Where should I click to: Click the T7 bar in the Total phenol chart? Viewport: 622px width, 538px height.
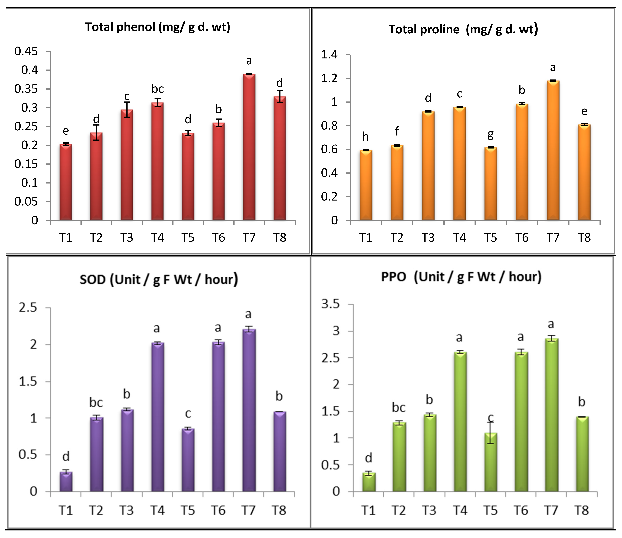[x=249, y=147]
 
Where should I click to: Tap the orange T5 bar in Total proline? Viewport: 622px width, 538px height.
[x=490, y=184]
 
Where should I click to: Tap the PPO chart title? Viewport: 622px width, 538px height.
[x=461, y=276]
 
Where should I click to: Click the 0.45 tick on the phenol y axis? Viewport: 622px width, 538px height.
[x=27, y=51]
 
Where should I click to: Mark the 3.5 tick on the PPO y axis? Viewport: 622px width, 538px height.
[x=330, y=304]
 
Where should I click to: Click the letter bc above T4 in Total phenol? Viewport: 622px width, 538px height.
[x=157, y=89]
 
